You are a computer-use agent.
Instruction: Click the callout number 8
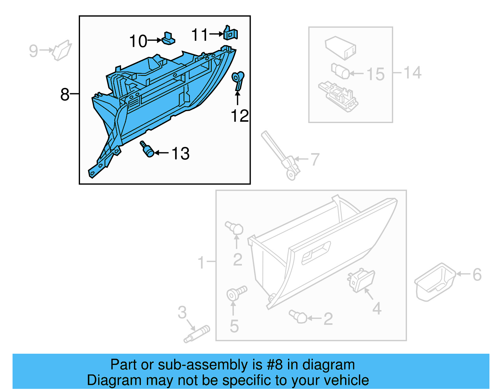coord(65,94)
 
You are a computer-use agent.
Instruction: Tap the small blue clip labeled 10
coord(168,38)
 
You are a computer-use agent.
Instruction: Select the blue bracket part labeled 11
coord(231,33)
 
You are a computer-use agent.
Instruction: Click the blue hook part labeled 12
coord(238,80)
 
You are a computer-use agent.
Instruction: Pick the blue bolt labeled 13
coord(147,149)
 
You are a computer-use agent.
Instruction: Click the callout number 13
coord(180,153)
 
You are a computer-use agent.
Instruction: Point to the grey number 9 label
coord(33,51)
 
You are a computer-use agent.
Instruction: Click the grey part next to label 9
coord(62,50)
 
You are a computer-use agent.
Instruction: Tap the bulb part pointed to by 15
coord(340,71)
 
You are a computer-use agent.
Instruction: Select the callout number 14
coord(412,72)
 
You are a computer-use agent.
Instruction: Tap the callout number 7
coord(315,159)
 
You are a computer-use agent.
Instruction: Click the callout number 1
coord(201,262)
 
